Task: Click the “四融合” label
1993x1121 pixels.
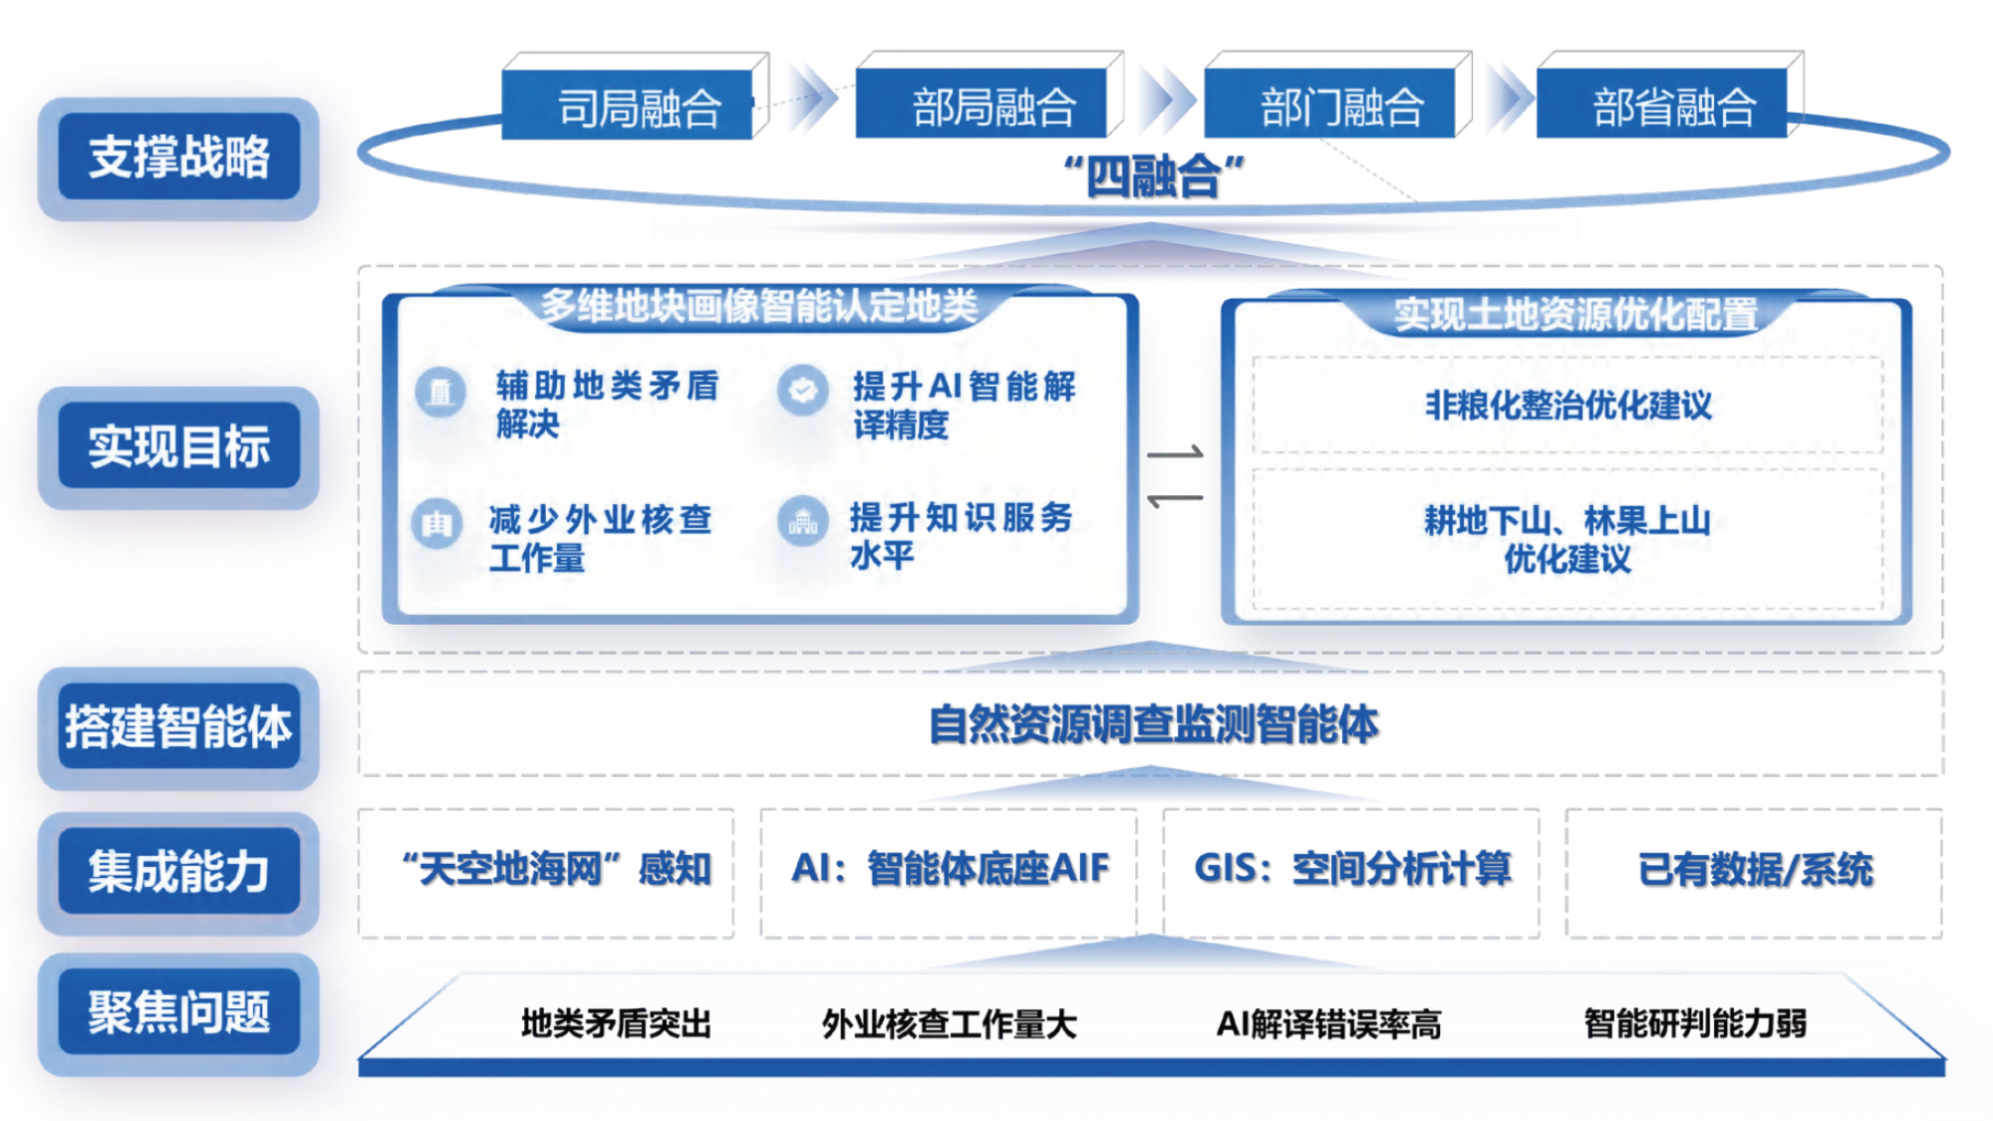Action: click(x=1154, y=177)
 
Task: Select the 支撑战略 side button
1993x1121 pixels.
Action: click(x=178, y=157)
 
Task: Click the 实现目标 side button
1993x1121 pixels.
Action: click(x=178, y=446)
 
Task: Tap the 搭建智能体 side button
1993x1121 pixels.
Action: click(x=178, y=726)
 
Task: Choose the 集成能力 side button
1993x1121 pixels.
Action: click(x=178, y=872)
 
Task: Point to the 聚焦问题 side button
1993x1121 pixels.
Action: click(x=178, y=1013)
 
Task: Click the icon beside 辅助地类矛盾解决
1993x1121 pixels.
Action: click(x=440, y=392)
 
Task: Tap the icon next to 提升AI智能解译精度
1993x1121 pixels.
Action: click(x=803, y=390)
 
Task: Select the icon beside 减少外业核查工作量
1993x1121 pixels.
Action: click(x=436, y=523)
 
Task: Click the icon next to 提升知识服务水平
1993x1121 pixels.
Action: click(x=803, y=521)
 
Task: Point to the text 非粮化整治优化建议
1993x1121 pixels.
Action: click(x=1567, y=406)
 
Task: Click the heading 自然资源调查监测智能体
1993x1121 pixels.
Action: click(x=1154, y=724)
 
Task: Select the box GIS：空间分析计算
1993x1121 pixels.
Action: click(x=1351, y=873)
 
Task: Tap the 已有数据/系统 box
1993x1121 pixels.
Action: click(x=1754, y=873)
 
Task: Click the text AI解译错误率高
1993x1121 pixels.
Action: click(x=1328, y=1024)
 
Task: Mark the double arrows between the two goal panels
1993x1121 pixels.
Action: click(x=1175, y=475)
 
